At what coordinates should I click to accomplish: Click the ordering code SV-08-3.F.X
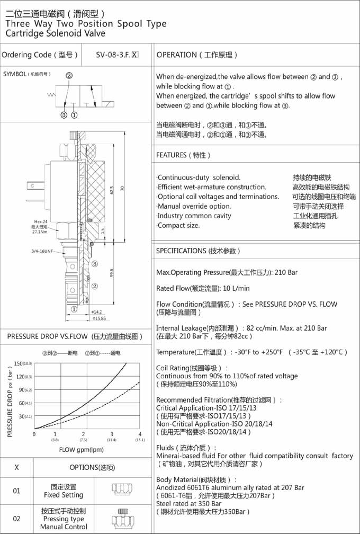pos(117,55)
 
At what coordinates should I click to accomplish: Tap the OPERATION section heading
pos(197,55)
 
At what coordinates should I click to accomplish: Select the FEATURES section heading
pos(183,155)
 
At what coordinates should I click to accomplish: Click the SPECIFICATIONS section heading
pos(199,251)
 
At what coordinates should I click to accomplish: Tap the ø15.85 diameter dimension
pos(100,318)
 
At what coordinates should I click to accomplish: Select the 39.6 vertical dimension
pos(111,273)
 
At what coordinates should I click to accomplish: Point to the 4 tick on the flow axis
pos(140,434)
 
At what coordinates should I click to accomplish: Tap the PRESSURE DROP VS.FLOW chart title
pos(75,336)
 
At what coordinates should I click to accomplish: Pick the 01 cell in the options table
pos(16,491)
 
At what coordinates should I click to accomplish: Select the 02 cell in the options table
pos(16,519)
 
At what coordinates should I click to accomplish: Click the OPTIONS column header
pos(92,467)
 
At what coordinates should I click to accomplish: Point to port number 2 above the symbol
pos(69,75)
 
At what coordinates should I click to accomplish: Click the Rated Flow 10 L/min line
pos(203,288)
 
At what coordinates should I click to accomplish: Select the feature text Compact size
pos(178,225)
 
